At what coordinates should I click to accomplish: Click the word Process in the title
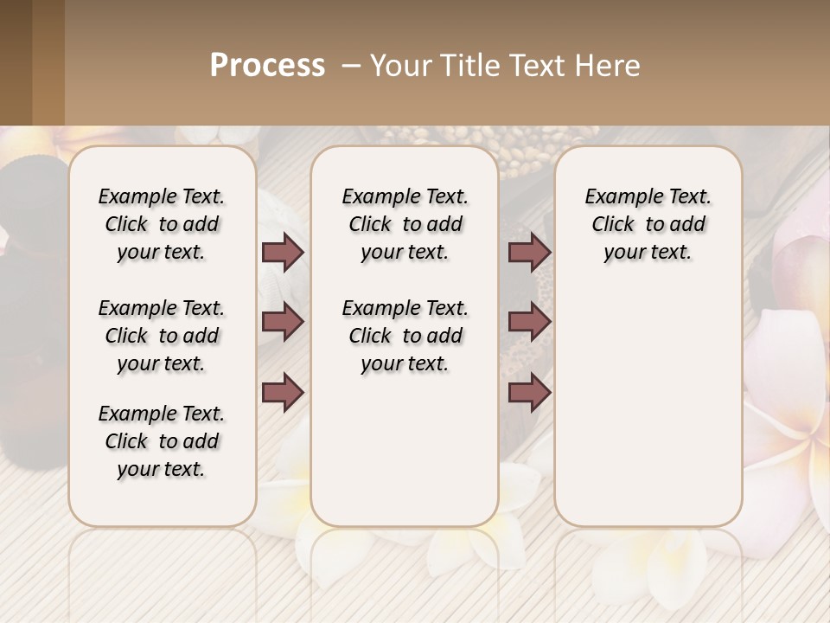(x=267, y=66)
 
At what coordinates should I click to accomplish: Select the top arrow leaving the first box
(x=283, y=253)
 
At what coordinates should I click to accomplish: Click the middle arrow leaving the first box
(x=283, y=323)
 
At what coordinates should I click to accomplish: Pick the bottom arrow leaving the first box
(x=283, y=392)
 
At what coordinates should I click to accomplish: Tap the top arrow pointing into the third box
(x=529, y=253)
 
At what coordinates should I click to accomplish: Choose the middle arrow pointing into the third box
(x=529, y=323)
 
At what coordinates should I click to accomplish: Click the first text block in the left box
(x=162, y=224)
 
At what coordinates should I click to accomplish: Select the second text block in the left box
(x=162, y=336)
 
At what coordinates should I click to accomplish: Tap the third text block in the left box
(x=162, y=441)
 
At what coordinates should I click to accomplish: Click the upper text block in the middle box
(x=405, y=224)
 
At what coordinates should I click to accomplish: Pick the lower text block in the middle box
(x=405, y=336)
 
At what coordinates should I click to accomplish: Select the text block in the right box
(x=648, y=224)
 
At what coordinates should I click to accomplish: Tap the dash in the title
(x=351, y=66)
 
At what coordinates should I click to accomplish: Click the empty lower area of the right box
(x=648, y=407)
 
